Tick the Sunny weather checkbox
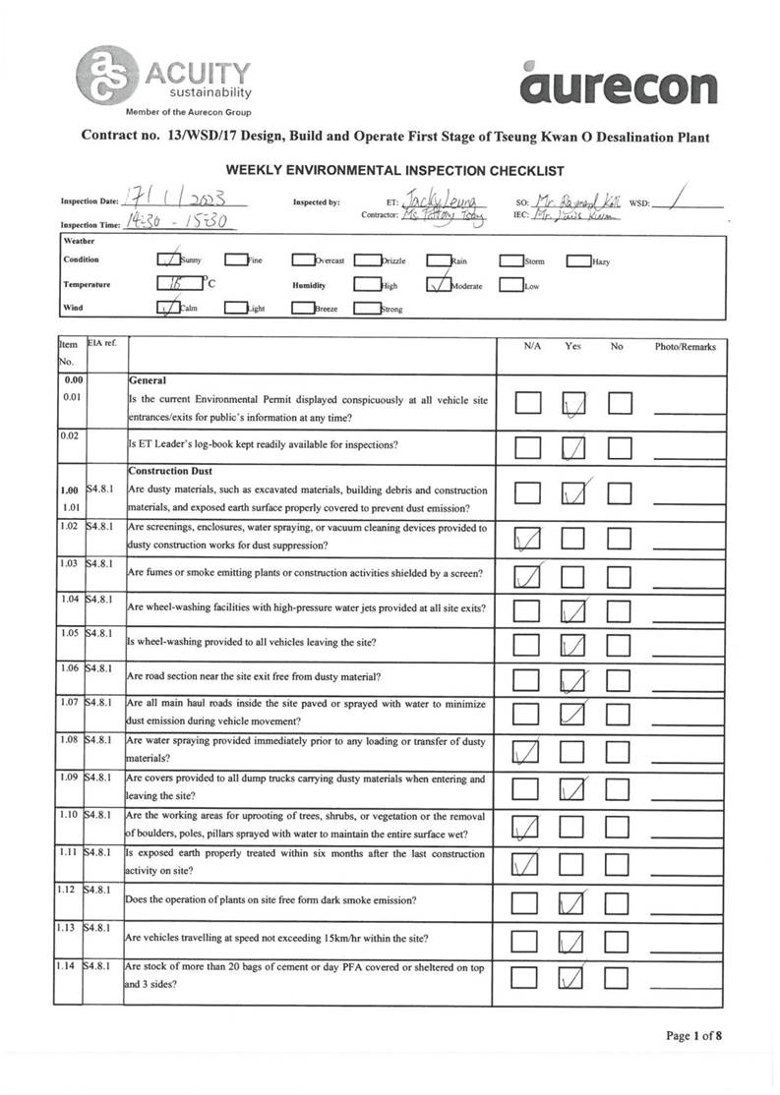pyautogui.click(x=169, y=261)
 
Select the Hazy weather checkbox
pyautogui.click(x=577, y=261)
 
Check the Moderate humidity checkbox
pyautogui.click(x=438, y=285)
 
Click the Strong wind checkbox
pyautogui.click(x=367, y=309)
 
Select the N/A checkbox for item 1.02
pyautogui.click(x=528, y=538)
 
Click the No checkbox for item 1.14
pyautogui.click(x=617, y=978)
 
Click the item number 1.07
pyautogui.click(x=68, y=704)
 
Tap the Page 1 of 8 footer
pyautogui.click(x=694, y=1035)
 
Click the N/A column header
pyautogui.click(x=531, y=347)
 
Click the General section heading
pyautogui.click(x=149, y=380)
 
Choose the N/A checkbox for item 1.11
pyautogui.click(x=528, y=863)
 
